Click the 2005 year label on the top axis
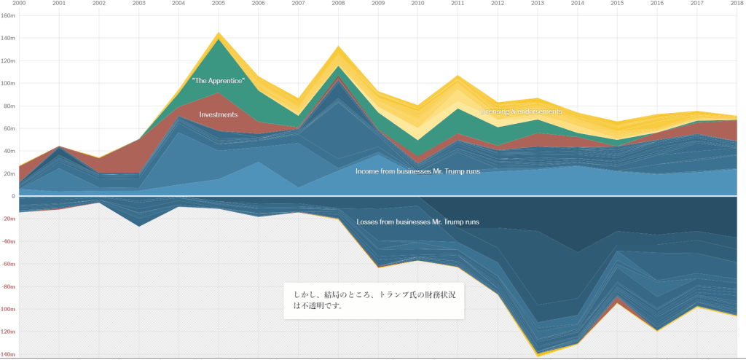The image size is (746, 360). tap(218, 4)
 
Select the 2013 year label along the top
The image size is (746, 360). tap(538, 4)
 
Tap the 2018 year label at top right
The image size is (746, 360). tap(737, 4)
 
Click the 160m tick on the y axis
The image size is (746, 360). tap(9, 15)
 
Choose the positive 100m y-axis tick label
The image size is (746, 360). tap(9, 83)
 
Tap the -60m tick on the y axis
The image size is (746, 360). tap(9, 264)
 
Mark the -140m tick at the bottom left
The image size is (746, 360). tap(9, 354)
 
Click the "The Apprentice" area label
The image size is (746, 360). tap(218, 80)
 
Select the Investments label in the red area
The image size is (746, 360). tap(219, 114)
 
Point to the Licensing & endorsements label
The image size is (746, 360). tap(521, 111)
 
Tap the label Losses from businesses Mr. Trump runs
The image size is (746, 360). tap(417, 222)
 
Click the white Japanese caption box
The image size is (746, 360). tap(374, 300)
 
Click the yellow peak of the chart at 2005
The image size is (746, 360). tap(218, 34)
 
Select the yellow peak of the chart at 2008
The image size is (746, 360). tap(338, 47)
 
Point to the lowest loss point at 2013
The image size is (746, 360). tap(538, 355)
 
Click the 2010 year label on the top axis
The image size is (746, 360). tap(417, 4)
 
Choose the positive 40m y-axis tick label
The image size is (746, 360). tap(9, 151)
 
